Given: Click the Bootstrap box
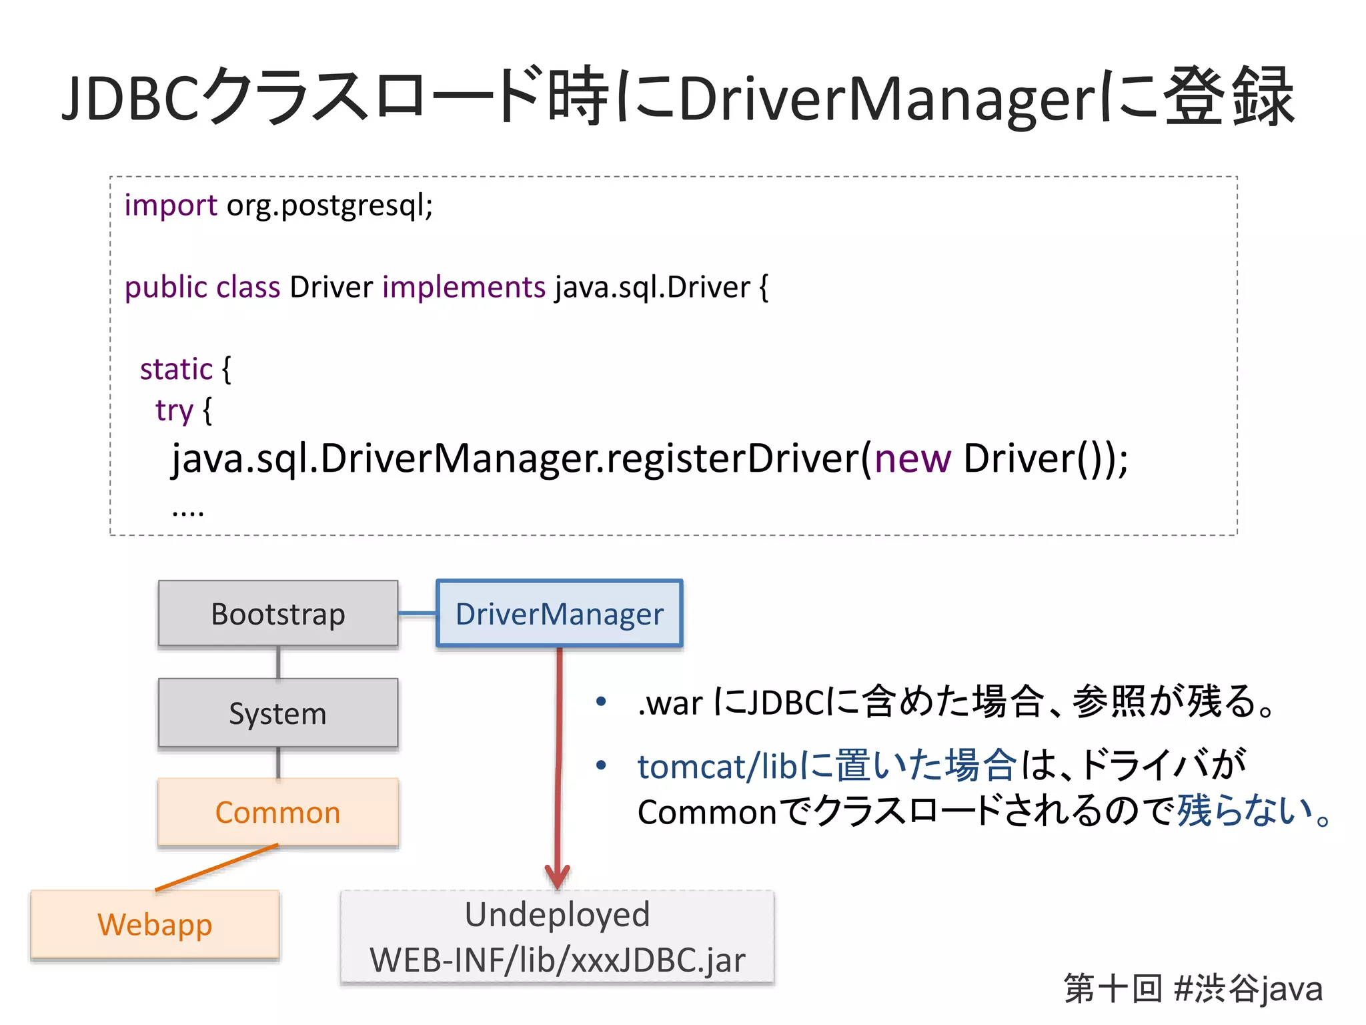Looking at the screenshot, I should [x=278, y=613].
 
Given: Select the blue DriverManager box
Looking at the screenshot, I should [x=559, y=613].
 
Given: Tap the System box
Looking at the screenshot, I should [x=278, y=713].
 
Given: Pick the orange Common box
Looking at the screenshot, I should [x=278, y=812].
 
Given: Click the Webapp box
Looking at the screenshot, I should [x=155, y=924].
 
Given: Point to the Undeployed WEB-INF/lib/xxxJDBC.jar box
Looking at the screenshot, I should [x=557, y=937].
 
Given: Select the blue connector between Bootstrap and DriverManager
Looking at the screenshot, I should [x=417, y=613].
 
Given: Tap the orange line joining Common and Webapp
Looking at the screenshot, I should [x=217, y=868].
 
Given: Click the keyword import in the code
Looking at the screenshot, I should [x=171, y=205].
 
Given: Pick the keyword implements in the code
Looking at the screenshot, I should [x=464, y=287].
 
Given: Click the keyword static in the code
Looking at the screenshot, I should [x=176, y=369].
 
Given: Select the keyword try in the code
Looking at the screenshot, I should [x=174, y=410].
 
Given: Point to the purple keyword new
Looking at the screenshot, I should [x=912, y=458].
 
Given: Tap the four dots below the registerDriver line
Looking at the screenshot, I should [x=188, y=512].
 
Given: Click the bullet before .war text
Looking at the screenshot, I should [x=601, y=701].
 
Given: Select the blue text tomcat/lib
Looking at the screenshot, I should [x=717, y=766].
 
